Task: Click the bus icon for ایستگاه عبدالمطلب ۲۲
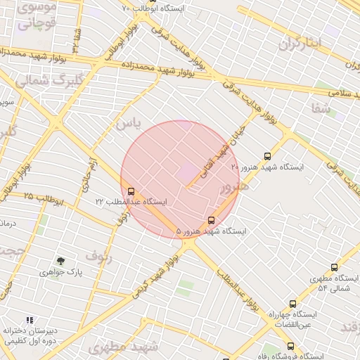[x=131, y=191]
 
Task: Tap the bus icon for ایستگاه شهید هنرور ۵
[x=212, y=220]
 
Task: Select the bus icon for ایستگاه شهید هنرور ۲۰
[x=266, y=156]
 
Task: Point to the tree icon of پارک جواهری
[x=60, y=260]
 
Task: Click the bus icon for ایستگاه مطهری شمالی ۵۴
[x=333, y=267]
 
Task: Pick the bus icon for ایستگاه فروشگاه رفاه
[x=290, y=346]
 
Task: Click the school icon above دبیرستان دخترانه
[x=29, y=319]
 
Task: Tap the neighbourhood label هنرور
[x=234, y=189]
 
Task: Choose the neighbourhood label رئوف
[x=98, y=256]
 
